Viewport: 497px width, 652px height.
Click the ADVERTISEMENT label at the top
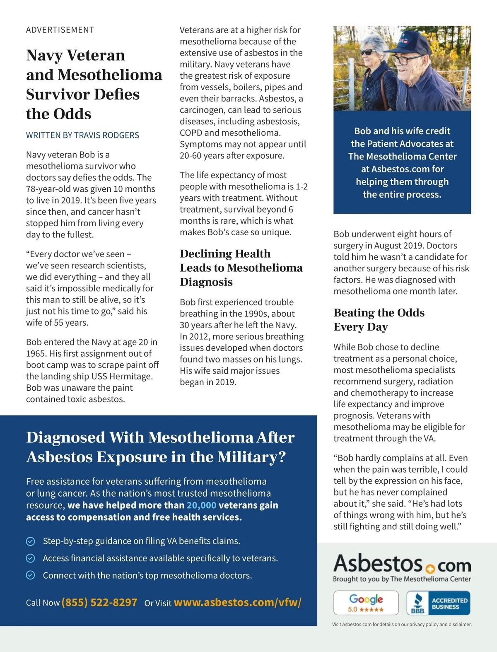60,30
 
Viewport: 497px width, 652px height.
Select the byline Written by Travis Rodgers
82,135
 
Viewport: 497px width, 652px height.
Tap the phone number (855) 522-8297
99,602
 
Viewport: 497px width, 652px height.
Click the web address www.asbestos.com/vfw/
237,602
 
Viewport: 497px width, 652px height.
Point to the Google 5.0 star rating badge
366,603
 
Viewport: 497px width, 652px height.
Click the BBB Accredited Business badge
438,603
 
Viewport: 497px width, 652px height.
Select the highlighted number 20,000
201,505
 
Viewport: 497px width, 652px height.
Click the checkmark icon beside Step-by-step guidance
31,541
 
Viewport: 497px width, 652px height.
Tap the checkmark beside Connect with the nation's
31,575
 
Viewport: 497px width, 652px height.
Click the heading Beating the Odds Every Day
379,319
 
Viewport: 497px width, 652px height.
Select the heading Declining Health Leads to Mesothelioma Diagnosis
241,268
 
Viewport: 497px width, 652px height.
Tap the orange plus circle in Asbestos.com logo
429,568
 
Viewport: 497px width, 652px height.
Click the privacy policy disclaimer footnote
402,624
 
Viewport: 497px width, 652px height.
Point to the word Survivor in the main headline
54,94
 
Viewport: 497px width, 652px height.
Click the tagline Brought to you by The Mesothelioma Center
402,579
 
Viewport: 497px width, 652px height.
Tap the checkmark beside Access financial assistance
31,558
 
